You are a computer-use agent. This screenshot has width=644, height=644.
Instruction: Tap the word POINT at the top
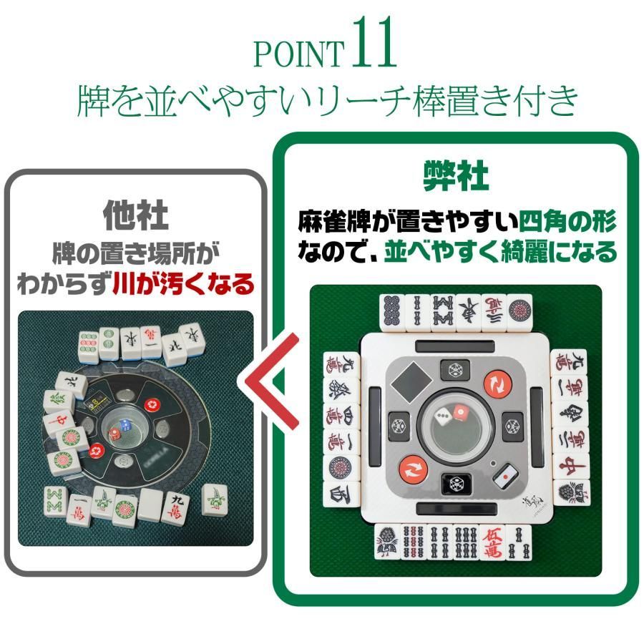tap(296, 54)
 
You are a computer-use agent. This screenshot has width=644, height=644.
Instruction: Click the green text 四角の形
tap(567, 222)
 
